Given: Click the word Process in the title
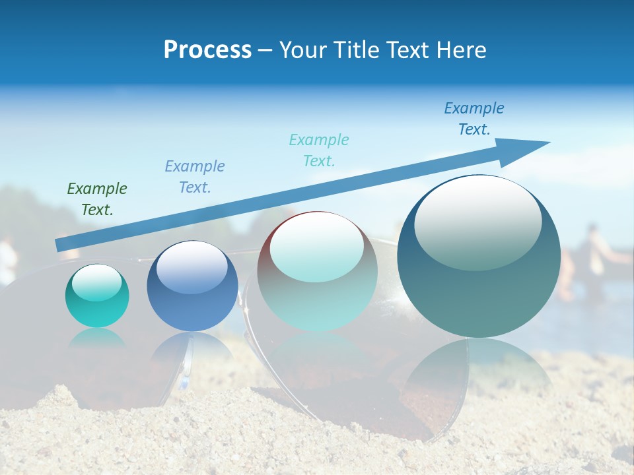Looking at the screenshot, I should click(207, 50).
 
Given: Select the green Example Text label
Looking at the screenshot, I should click(97, 199).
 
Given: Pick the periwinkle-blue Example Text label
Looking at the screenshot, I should click(195, 177).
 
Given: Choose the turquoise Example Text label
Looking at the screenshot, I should click(319, 150).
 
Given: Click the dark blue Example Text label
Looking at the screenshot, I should click(474, 119).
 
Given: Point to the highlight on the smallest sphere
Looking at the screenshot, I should click(96, 282).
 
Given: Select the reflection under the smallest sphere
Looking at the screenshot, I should click(97, 338).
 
